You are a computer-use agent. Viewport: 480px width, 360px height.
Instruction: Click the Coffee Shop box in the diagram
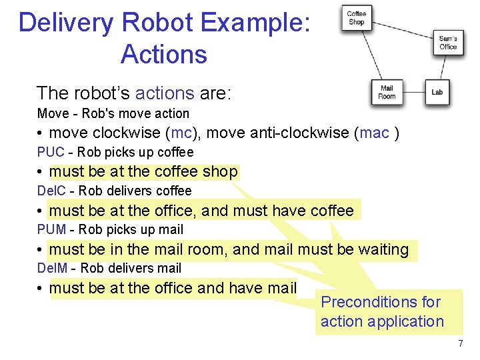click(357, 18)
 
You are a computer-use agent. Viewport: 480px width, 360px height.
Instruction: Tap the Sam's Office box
click(448, 43)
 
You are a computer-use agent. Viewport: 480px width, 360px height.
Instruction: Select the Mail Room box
click(387, 92)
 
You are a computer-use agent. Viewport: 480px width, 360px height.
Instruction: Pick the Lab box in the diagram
click(437, 92)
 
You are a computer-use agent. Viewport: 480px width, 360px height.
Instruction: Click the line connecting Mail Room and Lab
click(414, 92)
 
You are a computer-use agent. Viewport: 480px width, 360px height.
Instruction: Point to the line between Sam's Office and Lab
click(443, 67)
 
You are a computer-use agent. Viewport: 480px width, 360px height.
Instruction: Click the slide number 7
click(460, 343)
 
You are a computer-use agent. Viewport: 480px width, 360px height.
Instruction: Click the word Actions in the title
click(164, 54)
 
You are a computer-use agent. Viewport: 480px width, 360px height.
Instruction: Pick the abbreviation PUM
click(51, 229)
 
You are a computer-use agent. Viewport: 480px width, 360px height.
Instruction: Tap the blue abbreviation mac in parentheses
click(374, 133)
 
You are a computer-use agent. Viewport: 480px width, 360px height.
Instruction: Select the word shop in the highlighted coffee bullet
click(220, 172)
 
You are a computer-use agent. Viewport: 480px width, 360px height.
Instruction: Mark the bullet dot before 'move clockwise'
click(41, 133)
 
